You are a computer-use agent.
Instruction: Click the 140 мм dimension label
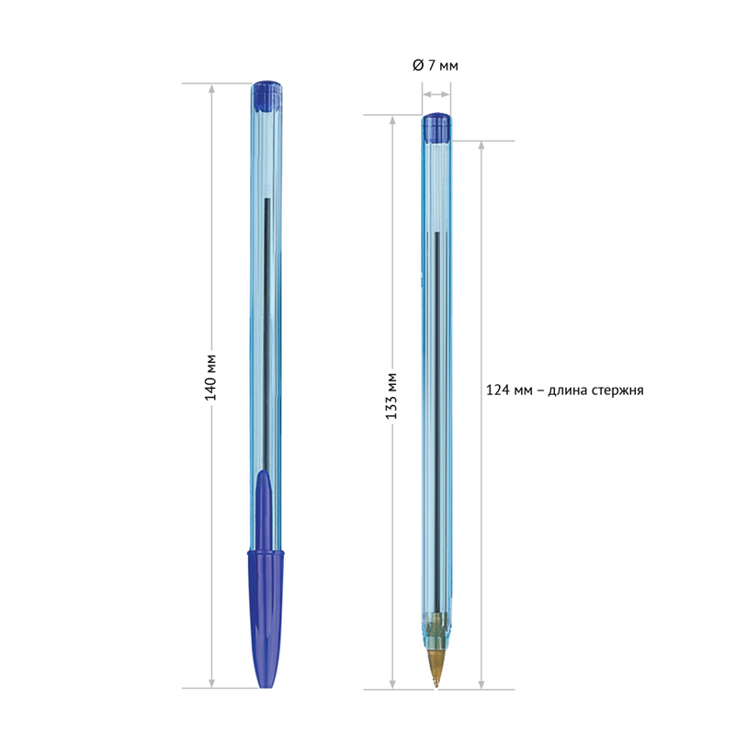pos(210,377)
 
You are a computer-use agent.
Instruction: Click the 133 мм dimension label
pos(392,396)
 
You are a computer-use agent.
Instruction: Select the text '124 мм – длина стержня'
pos(563,390)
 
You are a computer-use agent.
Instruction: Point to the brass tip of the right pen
pos(436,666)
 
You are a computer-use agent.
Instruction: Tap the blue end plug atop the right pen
pos(436,127)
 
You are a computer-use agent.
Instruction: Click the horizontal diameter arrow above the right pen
pos(436,94)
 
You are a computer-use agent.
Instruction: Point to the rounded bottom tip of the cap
pos(266,682)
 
